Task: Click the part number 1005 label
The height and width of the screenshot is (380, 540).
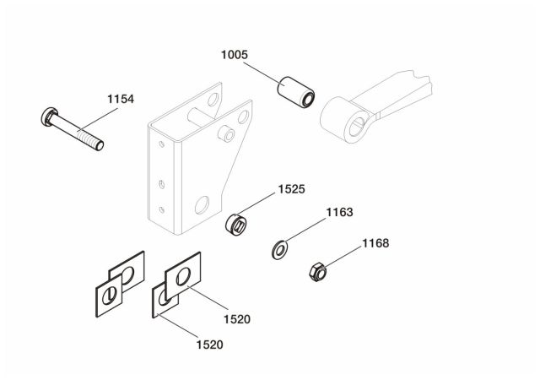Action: click(x=234, y=55)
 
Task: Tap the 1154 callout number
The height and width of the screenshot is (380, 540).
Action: click(x=121, y=100)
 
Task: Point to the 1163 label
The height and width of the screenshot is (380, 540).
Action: click(x=339, y=213)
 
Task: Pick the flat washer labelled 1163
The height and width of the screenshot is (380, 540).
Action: click(x=278, y=249)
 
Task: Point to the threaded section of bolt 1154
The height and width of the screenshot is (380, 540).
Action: click(x=89, y=138)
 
